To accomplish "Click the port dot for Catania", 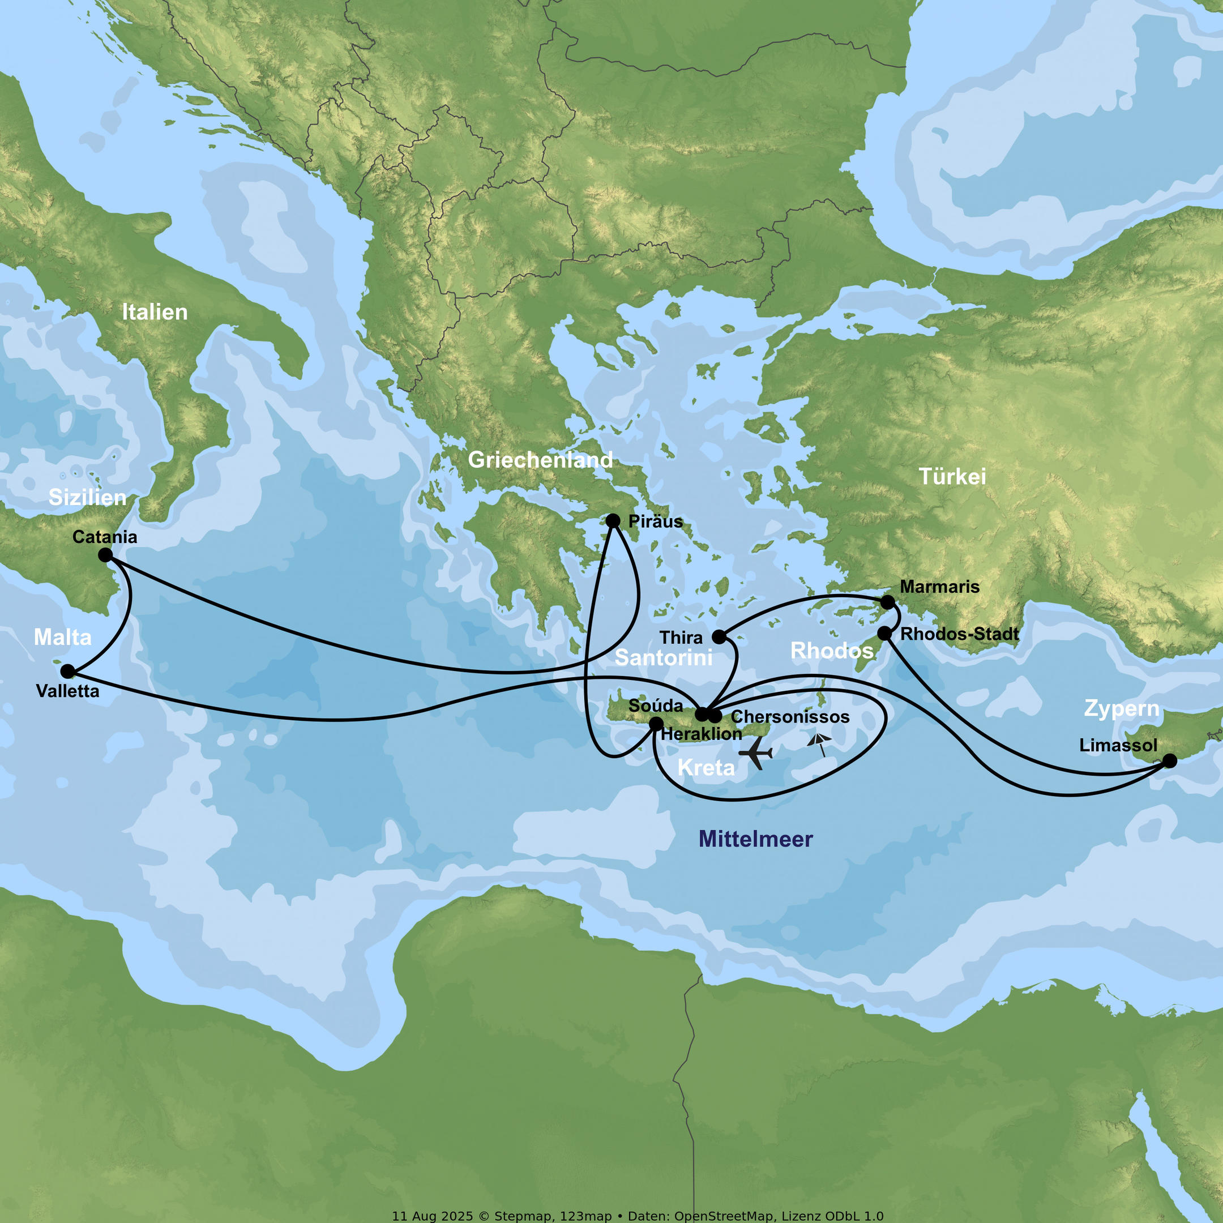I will tap(106, 555).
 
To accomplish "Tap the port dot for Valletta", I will tap(68, 672).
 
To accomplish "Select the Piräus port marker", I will tap(613, 521).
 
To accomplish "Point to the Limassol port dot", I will tap(1170, 761).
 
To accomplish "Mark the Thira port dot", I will tap(719, 637).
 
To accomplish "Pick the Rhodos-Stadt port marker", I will tap(884, 634).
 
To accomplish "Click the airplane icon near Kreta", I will tap(756, 753).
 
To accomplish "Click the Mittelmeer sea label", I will tap(755, 839).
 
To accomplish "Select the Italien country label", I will tap(155, 312).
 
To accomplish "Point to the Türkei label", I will tap(952, 477).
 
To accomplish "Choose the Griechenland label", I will tap(540, 460).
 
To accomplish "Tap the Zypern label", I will tap(1122, 708).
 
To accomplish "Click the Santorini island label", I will tap(664, 658).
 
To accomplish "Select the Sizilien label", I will tap(87, 498).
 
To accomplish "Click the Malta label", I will tap(63, 637).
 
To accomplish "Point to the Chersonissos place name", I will tap(790, 717).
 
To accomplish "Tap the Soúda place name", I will tap(655, 706).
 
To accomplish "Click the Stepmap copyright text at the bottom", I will tap(638, 1216).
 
